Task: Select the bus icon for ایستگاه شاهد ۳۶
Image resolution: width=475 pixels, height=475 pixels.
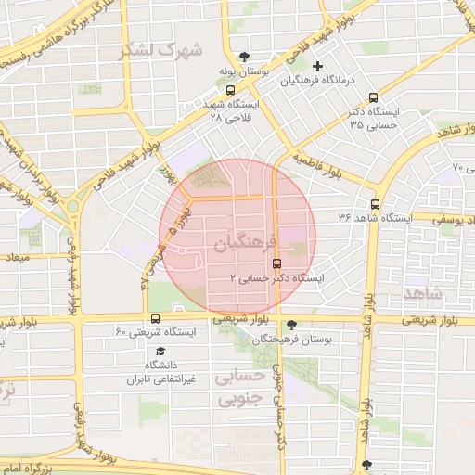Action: point(375,204)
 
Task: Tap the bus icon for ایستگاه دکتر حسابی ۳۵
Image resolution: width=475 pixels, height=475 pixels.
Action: point(373,97)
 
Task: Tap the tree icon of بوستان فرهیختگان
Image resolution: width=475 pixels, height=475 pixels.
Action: point(293,325)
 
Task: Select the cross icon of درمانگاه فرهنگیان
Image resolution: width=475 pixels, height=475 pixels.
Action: point(318,66)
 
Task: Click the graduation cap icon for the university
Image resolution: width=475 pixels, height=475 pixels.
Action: point(160,352)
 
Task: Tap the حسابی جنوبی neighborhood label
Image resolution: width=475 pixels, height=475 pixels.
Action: point(238,390)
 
